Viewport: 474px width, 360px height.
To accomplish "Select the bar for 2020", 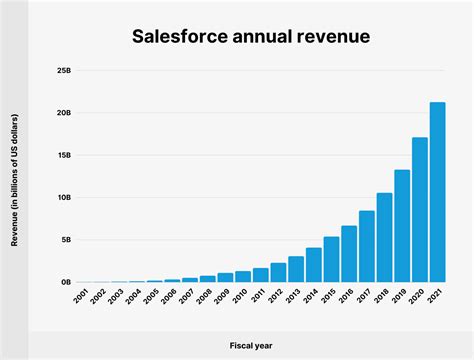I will pyautogui.click(x=420, y=210).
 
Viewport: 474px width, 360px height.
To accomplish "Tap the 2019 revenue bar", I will pyautogui.click(x=402, y=226).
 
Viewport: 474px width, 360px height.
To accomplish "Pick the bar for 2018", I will pyautogui.click(x=384, y=238).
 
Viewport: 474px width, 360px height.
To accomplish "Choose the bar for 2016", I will pyautogui.click(x=349, y=254).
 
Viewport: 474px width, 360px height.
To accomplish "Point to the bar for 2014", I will pyautogui.click(x=314, y=265).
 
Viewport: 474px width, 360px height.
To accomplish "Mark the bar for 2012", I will pyautogui.click(x=278, y=273).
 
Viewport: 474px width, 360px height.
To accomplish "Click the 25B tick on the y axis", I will pyautogui.click(x=63, y=72).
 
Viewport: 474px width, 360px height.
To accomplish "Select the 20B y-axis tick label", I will pyautogui.click(x=63, y=114).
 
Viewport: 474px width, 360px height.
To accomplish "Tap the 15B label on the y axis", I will pyautogui.click(x=63, y=156).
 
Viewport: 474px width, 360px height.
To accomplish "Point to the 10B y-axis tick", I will pyautogui.click(x=63, y=198).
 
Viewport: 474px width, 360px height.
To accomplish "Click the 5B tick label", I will pyautogui.click(x=65, y=240).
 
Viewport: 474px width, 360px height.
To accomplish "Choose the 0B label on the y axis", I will pyautogui.click(x=65, y=282).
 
